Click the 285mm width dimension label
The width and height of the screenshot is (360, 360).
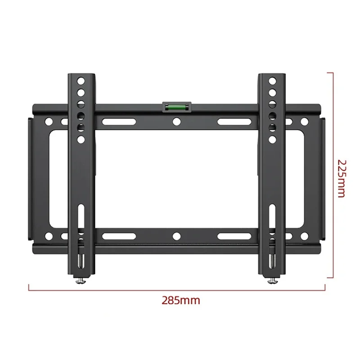(x=181, y=300)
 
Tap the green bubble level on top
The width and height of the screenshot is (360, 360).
(x=177, y=107)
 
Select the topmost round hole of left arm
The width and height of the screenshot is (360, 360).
(x=81, y=82)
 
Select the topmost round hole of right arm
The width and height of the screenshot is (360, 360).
(x=273, y=82)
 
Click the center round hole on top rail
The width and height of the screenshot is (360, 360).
(x=177, y=121)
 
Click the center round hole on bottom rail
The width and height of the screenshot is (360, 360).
(x=177, y=236)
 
